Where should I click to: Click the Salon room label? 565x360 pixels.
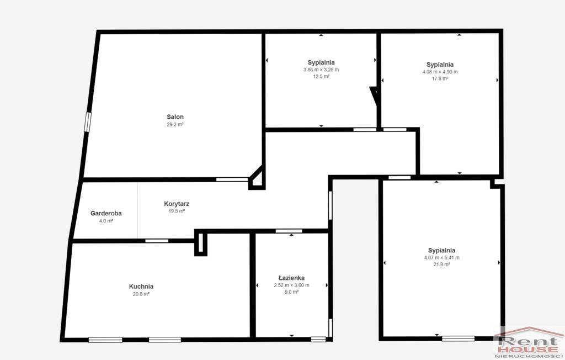tap(175, 117)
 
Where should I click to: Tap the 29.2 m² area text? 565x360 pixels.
tap(175, 124)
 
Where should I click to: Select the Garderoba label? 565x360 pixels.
tap(106, 213)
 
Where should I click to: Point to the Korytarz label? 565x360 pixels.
tap(177, 204)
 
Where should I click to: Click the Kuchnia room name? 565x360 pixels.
tap(141, 287)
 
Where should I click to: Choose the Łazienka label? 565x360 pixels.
tap(291, 278)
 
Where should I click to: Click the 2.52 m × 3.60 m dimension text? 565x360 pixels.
tap(291, 285)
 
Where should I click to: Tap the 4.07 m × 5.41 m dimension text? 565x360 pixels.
tap(442, 257)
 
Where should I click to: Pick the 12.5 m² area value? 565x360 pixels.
tap(321, 77)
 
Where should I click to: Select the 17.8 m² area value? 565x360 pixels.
tap(440, 78)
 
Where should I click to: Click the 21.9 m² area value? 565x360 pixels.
tap(442, 264)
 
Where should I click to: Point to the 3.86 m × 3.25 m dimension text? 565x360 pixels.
tap(321, 70)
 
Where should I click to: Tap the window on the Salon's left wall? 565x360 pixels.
tap(88, 122)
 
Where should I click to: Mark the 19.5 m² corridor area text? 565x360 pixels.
tap(177, 211)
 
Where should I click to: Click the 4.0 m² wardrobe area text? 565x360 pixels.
tap(106, 221)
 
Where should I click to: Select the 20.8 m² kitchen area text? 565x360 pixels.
tap(141, 294)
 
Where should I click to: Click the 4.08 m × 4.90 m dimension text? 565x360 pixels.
tap(440, 72)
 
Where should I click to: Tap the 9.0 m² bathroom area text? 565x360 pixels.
tap(291, 292)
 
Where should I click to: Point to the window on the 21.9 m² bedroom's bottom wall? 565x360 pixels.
tap(459, 338)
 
